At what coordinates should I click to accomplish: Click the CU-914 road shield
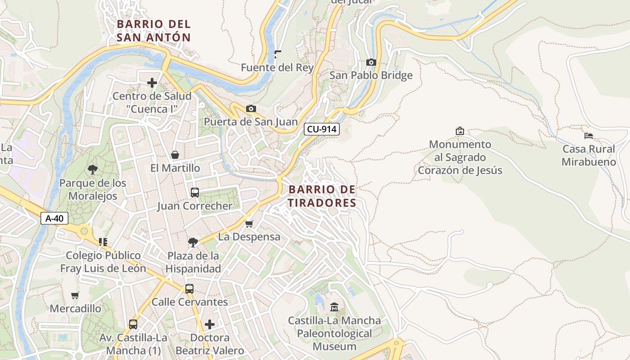coord(321,129)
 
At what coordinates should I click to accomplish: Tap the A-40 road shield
coord(54,218)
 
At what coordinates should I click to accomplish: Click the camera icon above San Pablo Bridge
coord(371,62)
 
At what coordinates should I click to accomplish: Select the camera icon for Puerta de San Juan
coord(251,108)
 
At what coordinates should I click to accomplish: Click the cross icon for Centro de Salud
coord(152,83)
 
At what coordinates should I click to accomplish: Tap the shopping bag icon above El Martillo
coord(175,155)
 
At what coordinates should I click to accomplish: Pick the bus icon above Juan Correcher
coord(194,193)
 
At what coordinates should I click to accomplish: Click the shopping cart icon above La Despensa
coord(249,224)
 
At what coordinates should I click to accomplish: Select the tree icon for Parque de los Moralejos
coord(93,170)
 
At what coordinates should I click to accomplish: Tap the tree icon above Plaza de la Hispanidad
coord(193,243)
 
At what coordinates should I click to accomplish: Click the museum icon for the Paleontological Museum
coord(334,307)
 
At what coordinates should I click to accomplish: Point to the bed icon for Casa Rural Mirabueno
coord(588,135)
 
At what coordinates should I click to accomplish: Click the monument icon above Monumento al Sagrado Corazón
coord(459,131)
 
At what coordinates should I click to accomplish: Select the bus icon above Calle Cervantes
coord(189,288)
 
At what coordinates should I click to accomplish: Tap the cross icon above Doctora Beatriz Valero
coord(209,324)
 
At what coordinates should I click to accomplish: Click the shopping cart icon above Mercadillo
coord(75,296)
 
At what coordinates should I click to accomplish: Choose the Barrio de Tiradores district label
coord(322,196)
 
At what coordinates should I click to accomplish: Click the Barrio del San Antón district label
coord(153,31)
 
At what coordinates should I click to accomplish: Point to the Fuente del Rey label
coord(277,67)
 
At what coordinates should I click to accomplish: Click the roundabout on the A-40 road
coord(84,231)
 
